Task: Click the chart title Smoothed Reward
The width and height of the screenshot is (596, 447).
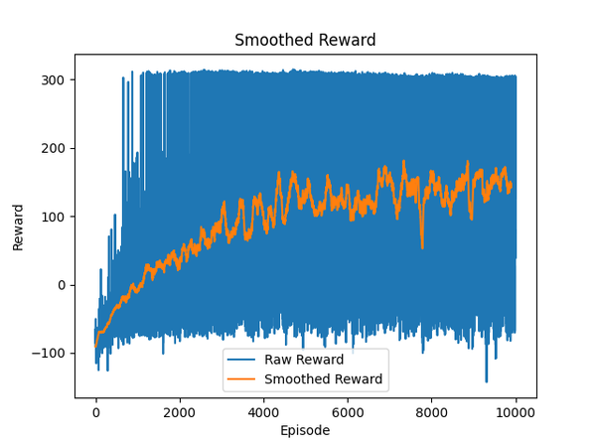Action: click(x=305, y=41)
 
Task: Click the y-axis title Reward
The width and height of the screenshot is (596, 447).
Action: click(x=19, y=226)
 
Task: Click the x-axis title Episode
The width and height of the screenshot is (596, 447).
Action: click(x=305, y=431)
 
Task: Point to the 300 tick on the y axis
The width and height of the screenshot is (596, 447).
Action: click(x=55, y=79)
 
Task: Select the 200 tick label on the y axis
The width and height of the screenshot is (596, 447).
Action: click(x=55, y=148)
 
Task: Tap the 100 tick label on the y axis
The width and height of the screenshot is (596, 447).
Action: click(x=55, y=217)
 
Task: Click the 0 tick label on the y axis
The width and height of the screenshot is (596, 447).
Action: click(x=63, y=285)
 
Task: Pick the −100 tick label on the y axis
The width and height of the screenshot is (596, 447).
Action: click(x=51, y=354)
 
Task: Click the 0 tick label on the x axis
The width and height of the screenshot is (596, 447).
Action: click(x=95, y=412)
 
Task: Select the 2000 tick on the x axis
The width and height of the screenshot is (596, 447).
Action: click(x=180, y=412)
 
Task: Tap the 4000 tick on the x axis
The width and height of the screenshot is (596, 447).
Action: click(x=263, y=412)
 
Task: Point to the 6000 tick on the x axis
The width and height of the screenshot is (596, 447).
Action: click(x=348, y=412)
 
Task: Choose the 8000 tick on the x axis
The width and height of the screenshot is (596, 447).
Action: click(x=431, y=412)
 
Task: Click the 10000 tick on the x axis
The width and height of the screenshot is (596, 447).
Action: click(x=516, y=412)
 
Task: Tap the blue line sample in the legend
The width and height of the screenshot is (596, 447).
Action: click(x=242, y=360)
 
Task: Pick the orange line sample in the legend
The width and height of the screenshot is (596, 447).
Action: click(x=242, y=378)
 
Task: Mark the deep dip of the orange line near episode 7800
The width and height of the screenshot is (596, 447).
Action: click(x=422, y=247)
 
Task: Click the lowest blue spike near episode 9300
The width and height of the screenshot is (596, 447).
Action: click(x=486, y=381)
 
